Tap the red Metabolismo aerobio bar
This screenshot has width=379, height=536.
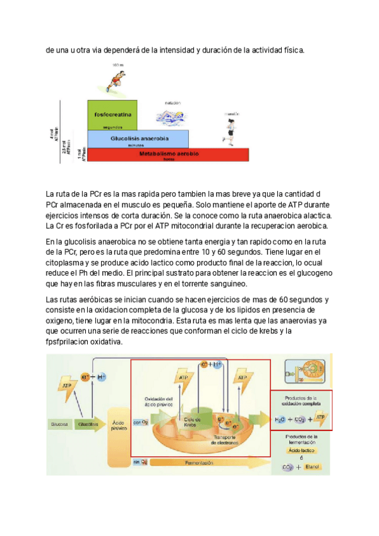(169, 154)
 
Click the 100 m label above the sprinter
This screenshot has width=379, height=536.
(118, 64)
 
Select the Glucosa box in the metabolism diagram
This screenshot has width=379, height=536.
(60, 425)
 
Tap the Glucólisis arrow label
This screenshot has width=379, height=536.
(88, 425)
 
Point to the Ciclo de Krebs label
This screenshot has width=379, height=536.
(192, 421)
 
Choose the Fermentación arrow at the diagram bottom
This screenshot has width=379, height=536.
(199, 463)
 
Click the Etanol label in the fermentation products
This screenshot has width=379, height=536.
(313, 467)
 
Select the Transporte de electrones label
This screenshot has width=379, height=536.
(226, 440)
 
